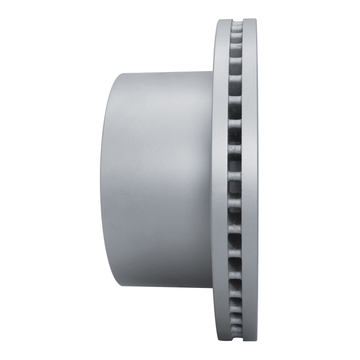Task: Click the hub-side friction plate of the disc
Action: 221,180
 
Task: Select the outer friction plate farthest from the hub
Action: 250,180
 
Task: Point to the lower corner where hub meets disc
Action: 212,288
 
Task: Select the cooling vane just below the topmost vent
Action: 236,33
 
